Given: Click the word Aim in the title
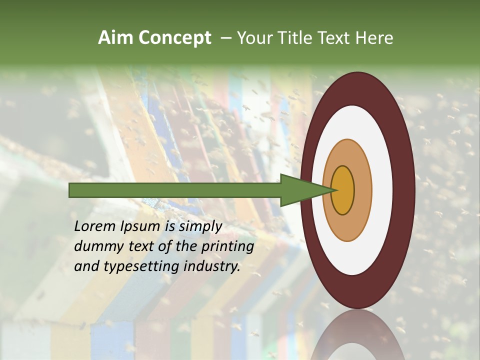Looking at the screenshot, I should [x=115, y=38].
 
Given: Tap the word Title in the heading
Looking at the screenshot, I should [x=296, y=38].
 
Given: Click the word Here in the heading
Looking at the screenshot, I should [x=374, y=38].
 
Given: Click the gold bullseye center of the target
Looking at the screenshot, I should [x=343, y=190].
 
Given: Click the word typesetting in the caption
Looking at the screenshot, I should [x=134, y=267].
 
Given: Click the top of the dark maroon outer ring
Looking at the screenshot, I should [x=357, y=88].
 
